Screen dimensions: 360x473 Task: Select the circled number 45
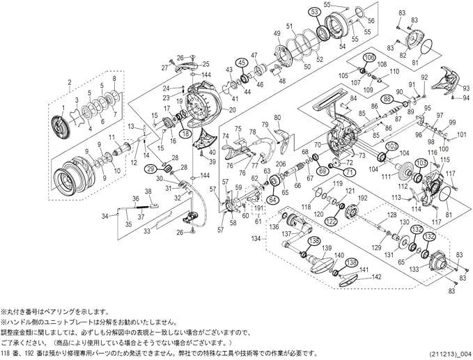242,62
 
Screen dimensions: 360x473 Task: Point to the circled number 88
387,100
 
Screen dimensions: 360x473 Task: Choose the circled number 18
185,132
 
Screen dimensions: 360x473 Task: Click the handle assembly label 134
256,237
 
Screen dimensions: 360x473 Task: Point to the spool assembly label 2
69,83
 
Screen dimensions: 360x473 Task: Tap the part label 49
277,33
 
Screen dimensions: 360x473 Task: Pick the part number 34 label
104,216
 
